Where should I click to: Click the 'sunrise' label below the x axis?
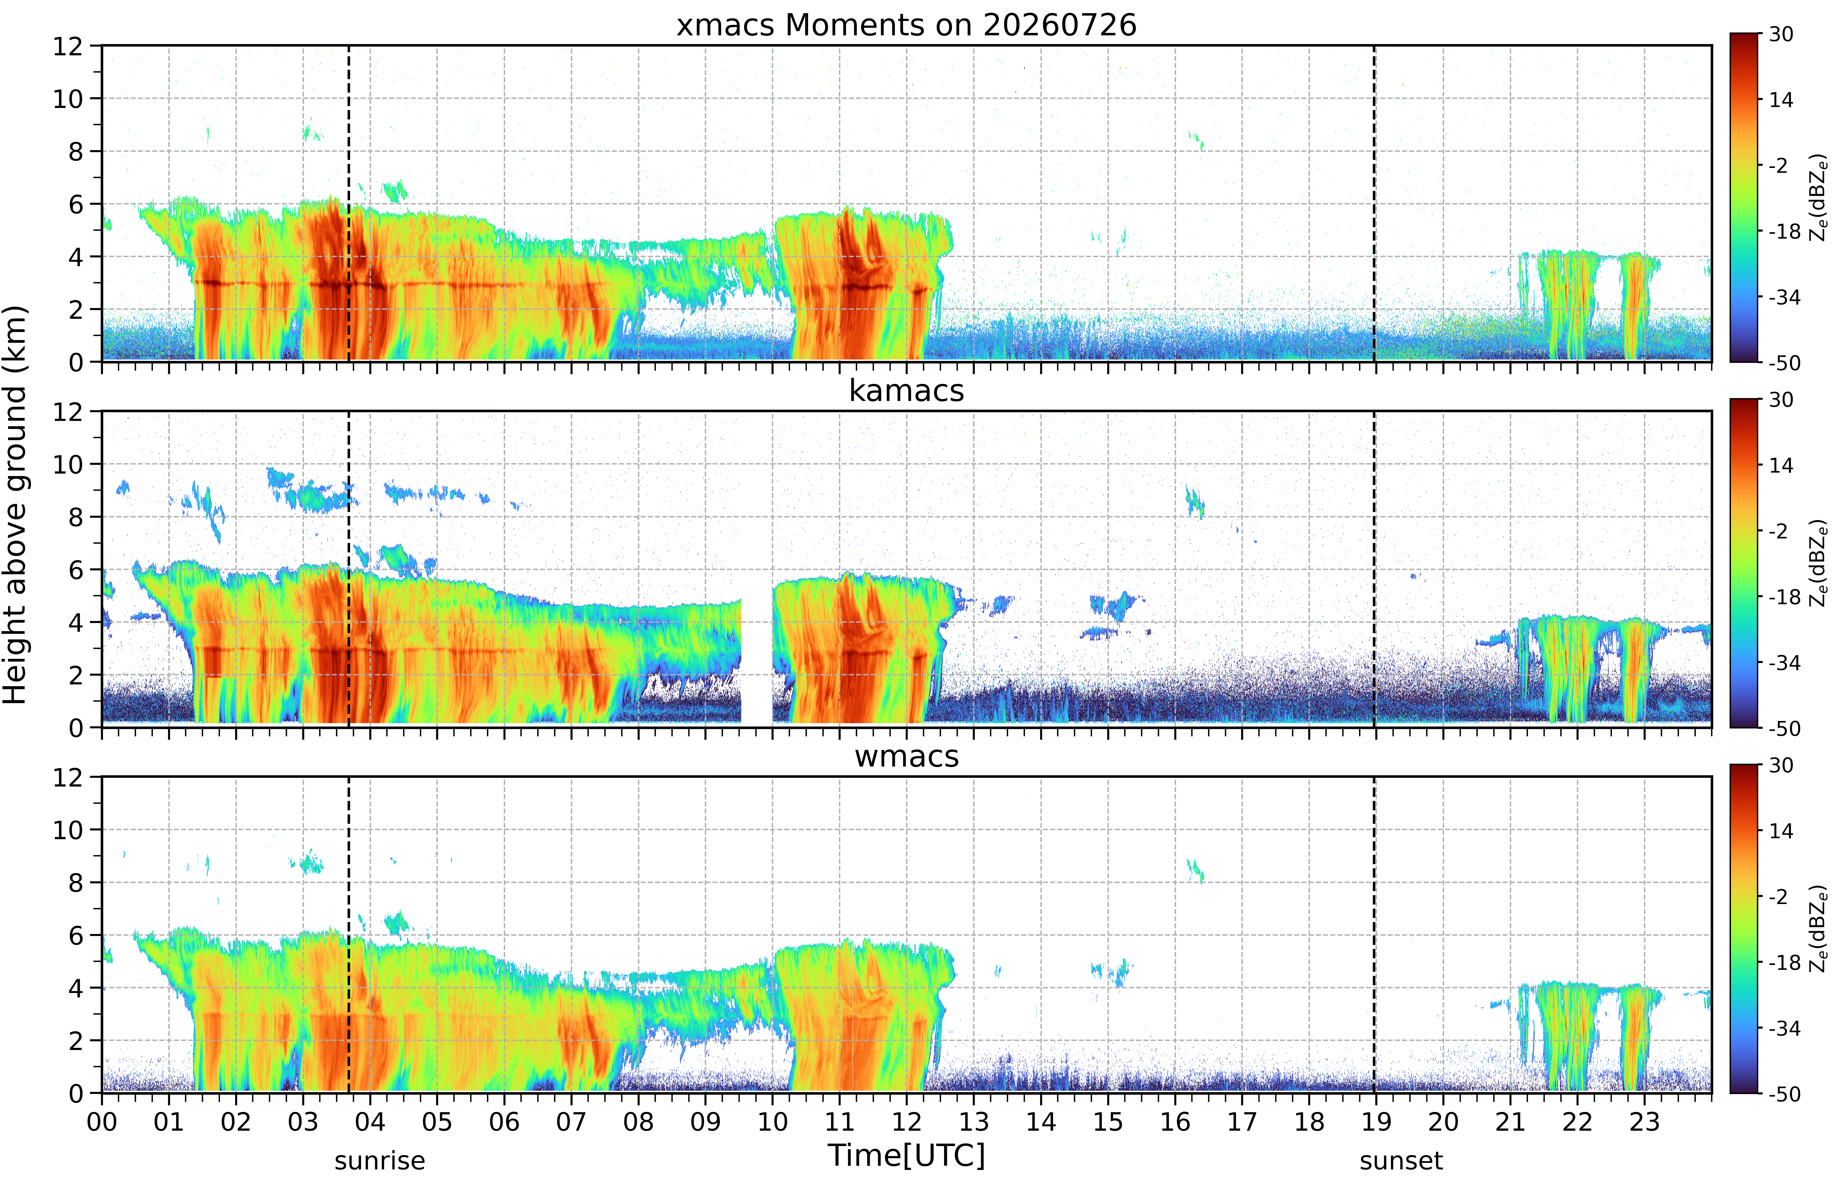(x=380, y=1161)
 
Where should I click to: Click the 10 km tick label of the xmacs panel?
(x=68, y=99)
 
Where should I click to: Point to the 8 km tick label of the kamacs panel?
(x=76, y=517)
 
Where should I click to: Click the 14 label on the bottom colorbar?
(x=1781, y=831)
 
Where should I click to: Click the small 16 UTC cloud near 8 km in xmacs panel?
(x=1196, y=140)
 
